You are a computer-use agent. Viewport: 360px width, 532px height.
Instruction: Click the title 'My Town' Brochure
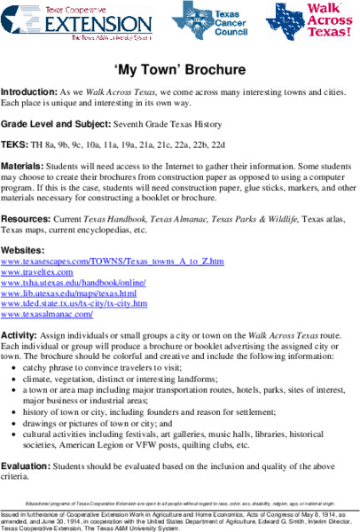[x=179, y=68]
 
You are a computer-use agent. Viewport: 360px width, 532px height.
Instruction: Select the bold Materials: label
[x=24, y=165]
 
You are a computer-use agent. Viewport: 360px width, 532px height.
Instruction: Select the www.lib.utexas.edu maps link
[x=69, y=293]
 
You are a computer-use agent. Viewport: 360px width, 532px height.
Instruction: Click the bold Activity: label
[x=20, y=331]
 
